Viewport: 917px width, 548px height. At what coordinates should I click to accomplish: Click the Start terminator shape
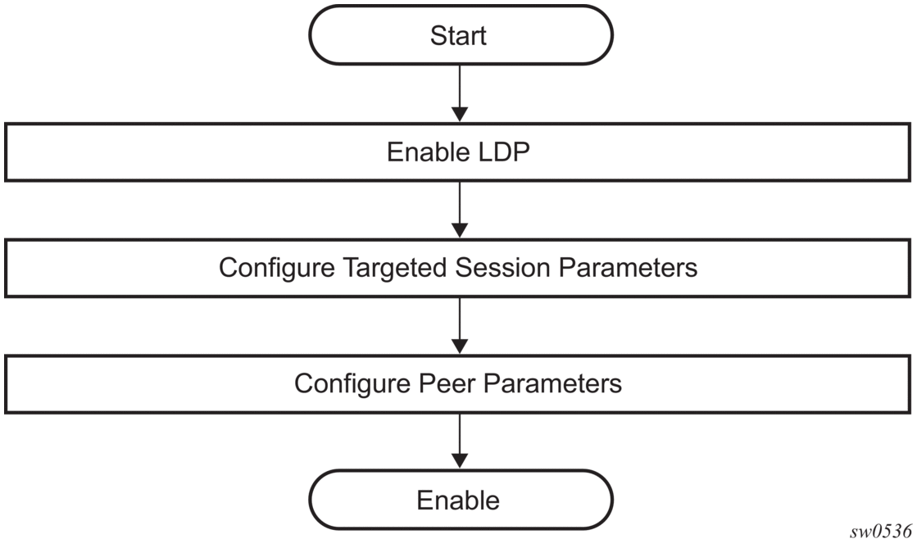click(461, 35)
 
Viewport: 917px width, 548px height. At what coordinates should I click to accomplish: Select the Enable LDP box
click(458, 152)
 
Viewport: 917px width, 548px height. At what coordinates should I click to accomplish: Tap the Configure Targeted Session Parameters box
click(458, 268)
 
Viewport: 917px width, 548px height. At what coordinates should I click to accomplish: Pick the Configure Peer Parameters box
click(458, 383)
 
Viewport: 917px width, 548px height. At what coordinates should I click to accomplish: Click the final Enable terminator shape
click(461, 500)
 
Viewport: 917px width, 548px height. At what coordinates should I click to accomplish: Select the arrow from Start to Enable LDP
click(461, 93)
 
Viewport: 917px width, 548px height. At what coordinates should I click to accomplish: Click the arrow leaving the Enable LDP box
click(461, 210)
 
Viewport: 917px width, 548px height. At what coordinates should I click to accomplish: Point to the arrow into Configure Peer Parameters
click(461, 326)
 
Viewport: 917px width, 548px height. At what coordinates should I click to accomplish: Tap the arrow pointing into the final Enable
click(461, 442)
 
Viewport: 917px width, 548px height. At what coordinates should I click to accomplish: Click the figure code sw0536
click(880, 531)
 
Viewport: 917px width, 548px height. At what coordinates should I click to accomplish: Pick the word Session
click(503, 268)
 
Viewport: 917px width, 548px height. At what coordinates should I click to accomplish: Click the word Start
click(458, 36)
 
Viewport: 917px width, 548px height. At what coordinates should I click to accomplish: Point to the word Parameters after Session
click(628, 268)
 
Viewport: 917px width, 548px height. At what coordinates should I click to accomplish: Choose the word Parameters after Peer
click(552, 383)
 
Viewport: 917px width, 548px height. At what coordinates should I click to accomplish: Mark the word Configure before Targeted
click(277, 269)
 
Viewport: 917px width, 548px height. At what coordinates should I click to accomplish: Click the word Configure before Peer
click(352, 384)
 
